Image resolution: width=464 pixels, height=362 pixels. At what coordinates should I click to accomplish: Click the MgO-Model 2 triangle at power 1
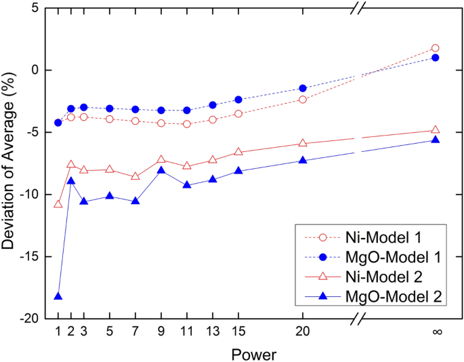58,296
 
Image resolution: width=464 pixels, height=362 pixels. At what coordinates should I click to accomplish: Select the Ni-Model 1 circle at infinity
435,48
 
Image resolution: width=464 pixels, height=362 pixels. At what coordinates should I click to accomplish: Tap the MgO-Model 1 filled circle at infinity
435,58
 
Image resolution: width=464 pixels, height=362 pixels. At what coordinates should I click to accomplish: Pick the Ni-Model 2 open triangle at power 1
58,204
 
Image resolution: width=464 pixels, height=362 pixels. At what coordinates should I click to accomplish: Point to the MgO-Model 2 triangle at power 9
161,170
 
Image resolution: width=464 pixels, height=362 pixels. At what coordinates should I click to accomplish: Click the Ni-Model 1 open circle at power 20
303,100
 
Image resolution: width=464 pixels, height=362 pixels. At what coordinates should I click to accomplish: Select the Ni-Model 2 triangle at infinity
435,129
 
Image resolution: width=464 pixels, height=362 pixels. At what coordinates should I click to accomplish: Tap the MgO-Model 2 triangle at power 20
303,161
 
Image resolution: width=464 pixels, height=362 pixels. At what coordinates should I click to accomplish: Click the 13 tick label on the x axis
213,332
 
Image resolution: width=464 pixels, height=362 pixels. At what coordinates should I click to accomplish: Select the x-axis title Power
253,353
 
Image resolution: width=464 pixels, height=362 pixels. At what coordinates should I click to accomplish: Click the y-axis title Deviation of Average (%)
9,163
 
